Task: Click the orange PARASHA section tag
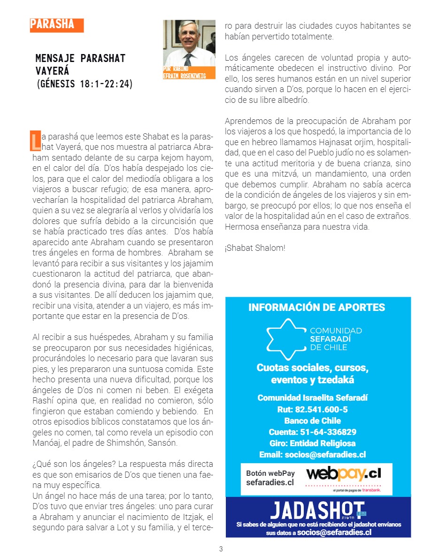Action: (56, 25)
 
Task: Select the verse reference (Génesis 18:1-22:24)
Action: (85, 84)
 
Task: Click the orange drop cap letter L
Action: (35, 139)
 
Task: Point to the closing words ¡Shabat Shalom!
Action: (255, 248)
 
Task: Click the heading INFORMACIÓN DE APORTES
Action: (316, 308)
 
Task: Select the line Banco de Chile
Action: (312, 421)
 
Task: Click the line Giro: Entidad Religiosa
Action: (312, 443)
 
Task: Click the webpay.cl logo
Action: (343, 473)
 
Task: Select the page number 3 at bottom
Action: (221, 549)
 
